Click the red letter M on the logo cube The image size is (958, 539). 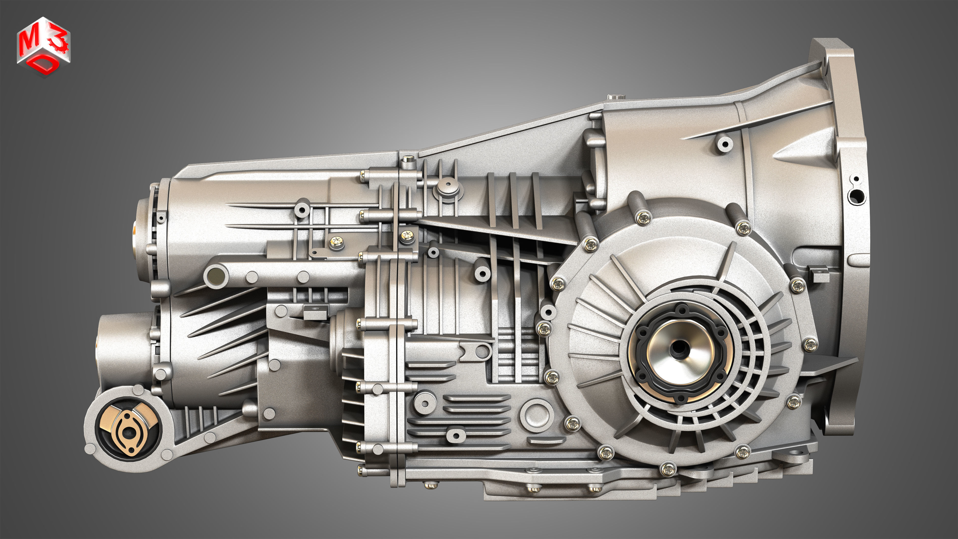28,43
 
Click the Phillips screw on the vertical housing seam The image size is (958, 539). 407,235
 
